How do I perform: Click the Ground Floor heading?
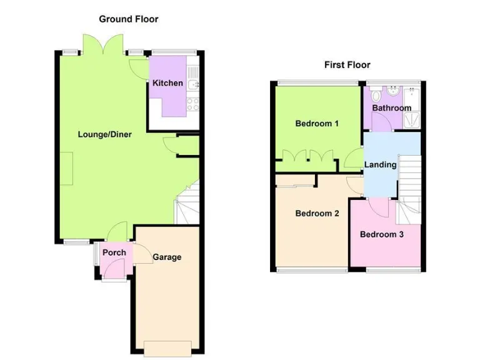tap(129, 19)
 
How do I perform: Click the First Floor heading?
tap(347, 64)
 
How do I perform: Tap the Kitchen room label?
tap(167, 83)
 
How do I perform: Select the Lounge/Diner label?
tap(104, 134)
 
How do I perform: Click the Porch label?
tap(114, 252)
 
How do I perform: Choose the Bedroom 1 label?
tap(317, 123)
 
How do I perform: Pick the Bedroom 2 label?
tap(317, 213)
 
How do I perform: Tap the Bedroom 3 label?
tap(381, 234)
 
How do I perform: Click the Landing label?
tap(381, 165)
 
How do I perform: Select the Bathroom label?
tap(392, 107)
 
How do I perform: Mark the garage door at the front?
tap(167, 346)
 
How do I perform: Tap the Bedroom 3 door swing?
tap(379, 204)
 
